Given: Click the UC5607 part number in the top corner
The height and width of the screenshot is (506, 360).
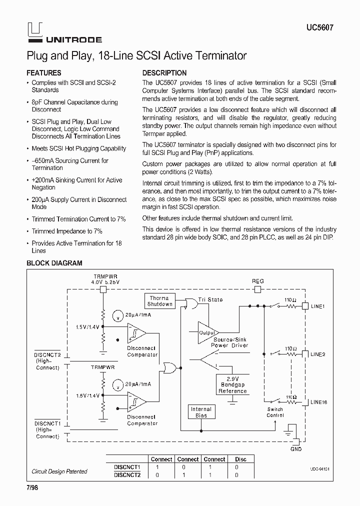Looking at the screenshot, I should coord(319,28).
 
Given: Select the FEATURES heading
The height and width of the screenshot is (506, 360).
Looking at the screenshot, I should coord(44,72).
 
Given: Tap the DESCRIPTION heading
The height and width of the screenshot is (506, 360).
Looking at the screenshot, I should coord(164,72).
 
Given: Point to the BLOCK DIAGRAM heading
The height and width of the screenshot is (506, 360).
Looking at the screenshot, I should coord(54,263).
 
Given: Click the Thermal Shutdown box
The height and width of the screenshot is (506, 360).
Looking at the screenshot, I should coord(159,301).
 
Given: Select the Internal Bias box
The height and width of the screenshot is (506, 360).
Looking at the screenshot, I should coord(201,412).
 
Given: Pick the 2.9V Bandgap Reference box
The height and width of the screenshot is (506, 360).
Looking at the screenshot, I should coord(232,385).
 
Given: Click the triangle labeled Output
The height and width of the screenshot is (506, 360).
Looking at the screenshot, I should coord(207,332).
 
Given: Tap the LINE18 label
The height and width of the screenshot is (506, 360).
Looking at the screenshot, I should coord(319,401).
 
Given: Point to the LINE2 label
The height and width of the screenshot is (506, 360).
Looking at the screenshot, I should coord(317,354).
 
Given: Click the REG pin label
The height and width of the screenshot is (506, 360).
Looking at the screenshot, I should coord(257,281).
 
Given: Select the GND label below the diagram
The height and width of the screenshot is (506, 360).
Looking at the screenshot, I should coord(295,449).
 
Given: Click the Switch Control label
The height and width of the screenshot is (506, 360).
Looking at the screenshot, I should coord(275,412).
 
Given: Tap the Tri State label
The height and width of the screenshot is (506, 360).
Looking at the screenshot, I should coord(210,299).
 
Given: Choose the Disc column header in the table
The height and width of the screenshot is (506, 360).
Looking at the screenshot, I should coord(240,459).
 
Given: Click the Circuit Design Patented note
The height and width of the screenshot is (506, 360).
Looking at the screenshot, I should coord(59,471).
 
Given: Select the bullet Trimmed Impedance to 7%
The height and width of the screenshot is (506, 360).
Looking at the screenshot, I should coord(67,231).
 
